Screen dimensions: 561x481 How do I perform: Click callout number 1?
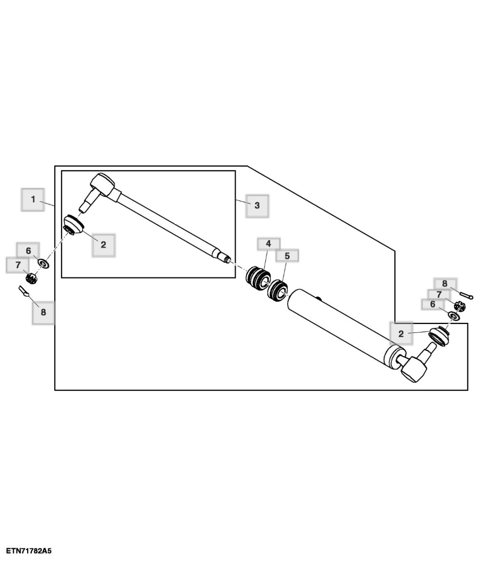coord(33,200)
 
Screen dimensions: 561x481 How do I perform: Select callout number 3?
coord(257,205)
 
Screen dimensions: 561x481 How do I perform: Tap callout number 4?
coord(268,244)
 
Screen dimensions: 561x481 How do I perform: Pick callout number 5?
coord(287,256)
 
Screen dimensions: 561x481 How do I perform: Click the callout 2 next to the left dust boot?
coord(103,245)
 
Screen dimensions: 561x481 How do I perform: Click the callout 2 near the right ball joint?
coord(401,333)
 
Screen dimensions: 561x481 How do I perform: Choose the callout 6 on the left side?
coord(28,251)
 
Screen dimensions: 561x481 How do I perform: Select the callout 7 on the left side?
coord(18,265)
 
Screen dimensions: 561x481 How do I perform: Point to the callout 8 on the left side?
coord(43,312)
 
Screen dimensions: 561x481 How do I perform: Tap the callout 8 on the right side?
coord(444,284)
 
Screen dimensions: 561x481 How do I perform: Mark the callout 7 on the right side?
coord(439,294)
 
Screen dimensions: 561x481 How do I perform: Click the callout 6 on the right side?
coord(432,304)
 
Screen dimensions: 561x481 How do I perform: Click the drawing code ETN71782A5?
coord(29,551)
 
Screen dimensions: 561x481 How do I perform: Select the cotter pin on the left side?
coord(23,291)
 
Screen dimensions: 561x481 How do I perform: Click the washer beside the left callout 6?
coord(43,263)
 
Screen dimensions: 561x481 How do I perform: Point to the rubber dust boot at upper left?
coord(74,225)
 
